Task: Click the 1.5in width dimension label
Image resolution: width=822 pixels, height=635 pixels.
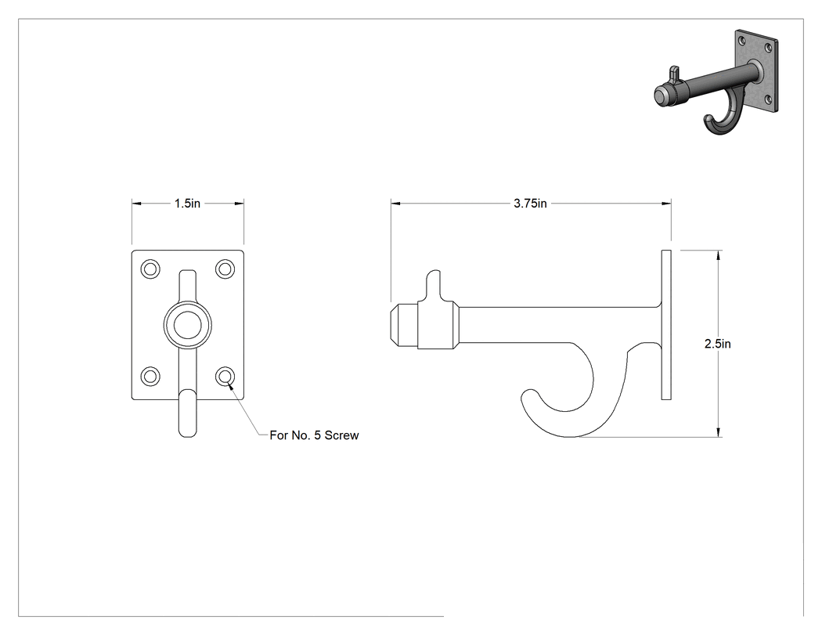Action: click(x=187, y=204)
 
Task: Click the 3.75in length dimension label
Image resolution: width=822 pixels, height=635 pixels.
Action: click(x=530, y=204)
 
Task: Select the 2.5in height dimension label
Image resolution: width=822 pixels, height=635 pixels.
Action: click(x=718, y=344)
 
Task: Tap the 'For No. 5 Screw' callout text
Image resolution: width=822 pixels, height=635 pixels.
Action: click(x=314, y=435)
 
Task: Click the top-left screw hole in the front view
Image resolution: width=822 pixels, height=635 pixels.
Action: click(x=150, y=269)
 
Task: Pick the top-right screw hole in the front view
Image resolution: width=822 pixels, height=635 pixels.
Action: click(x=225, y=269)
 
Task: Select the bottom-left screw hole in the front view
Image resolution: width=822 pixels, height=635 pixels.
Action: click(x=150, y=376)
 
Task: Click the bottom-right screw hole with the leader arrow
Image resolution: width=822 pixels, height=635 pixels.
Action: click(x=225, y=376)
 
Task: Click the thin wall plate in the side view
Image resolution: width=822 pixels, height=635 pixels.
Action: click(x=666, y=325)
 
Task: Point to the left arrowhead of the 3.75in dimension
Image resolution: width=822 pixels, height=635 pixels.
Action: click(x=396, y=204)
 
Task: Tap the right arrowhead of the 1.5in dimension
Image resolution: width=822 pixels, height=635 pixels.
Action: click(x=239, y=204)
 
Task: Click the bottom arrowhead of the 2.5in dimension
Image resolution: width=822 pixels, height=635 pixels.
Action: click(x=718, y=431)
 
